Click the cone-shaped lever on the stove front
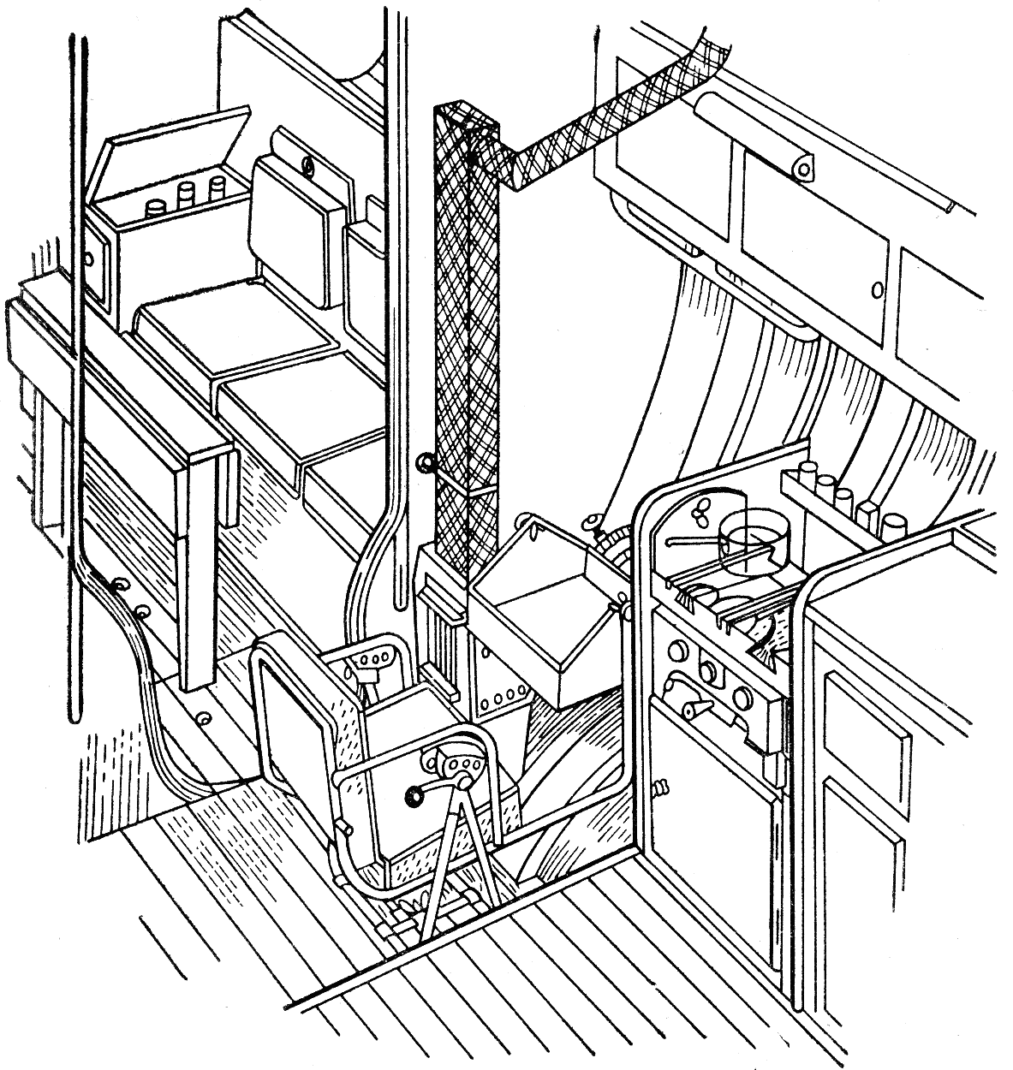(694, 705)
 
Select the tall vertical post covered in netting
(465, 342)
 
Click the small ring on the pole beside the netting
(423, 463)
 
